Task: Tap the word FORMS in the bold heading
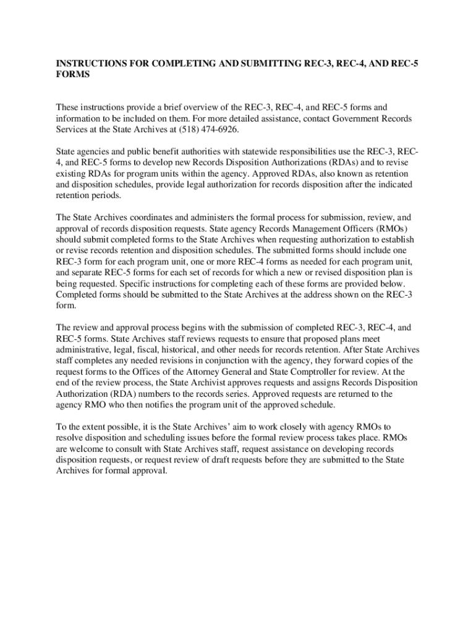tap(74, 75)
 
